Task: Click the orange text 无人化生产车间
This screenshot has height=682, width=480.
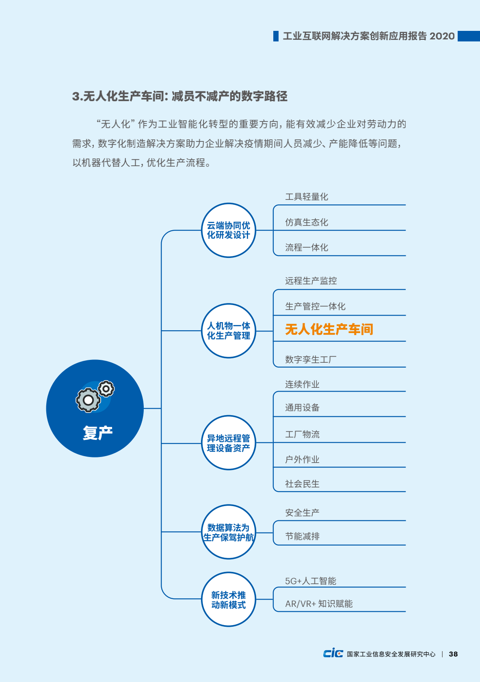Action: tap(329, 329)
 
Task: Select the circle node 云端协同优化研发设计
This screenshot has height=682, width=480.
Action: tap(229, 230)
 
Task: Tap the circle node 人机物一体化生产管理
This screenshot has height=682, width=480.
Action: tap(229, 331)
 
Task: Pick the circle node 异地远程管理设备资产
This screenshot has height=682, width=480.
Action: tap(229, 443)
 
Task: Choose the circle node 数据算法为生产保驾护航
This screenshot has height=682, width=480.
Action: tap(229, 532)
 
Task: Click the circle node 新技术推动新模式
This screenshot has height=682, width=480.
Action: tap(229, 599)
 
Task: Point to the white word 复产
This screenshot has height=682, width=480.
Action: tap(98, 433)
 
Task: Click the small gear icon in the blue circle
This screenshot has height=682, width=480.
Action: tap(106, 389)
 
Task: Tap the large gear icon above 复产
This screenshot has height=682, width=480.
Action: tap(88, 400)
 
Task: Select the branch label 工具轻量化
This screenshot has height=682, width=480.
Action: tap(307, 197)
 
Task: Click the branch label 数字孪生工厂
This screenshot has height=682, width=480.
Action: tap(311, 359)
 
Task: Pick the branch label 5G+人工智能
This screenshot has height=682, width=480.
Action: tap(311, 581)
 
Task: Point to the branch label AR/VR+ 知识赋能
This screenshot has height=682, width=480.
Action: tap(319, 604)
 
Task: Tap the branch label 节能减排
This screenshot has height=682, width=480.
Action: tap(302, 536)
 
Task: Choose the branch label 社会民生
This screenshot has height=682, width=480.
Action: tap(302, 484)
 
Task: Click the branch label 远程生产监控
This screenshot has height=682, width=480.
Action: tap(311, 281)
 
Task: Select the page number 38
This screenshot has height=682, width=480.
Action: tap(453, 654)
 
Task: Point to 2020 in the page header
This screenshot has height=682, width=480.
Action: tap(442, 36)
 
